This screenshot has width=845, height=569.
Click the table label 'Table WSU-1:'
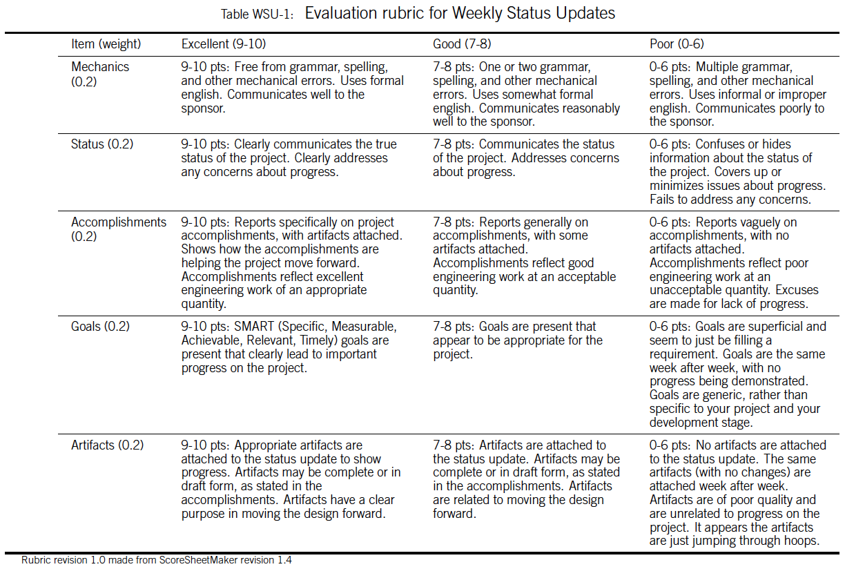[259, 15]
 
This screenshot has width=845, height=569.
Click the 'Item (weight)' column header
[106, 44]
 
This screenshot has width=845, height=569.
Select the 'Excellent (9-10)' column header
[223, 44]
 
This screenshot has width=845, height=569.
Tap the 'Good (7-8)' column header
[462, 44]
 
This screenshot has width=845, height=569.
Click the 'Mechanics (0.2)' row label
[100, 74]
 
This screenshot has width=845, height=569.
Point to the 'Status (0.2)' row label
[102, 144]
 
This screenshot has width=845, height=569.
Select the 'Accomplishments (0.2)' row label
[119, 229]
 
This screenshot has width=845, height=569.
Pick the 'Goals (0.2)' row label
[100, 327]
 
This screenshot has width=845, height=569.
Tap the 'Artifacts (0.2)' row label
[107, 445]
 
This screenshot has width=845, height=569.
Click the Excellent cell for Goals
[289, 347]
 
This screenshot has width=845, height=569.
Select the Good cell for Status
[526, 158]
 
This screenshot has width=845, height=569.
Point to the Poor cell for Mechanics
[737, 95]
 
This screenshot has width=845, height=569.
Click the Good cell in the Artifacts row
[526, 479]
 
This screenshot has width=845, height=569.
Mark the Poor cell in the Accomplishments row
[737, 263]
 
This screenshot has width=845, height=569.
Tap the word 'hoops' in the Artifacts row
[802, 541]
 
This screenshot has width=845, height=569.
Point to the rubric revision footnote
[156, 560]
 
